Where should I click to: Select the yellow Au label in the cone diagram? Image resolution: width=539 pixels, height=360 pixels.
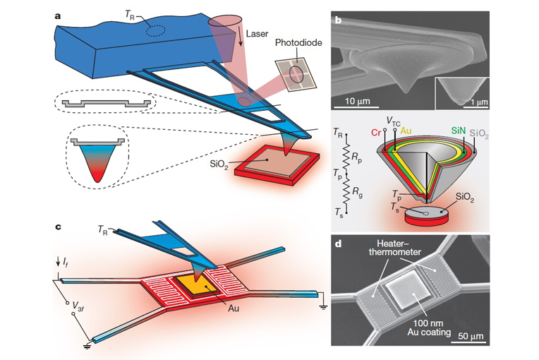click(x=405, y=131)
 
